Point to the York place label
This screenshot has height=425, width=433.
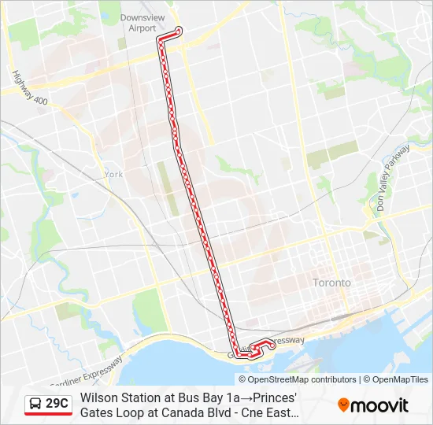pyautogui.click(x=113, y=174)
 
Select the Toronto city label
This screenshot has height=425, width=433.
pyautogui.click(x=331, y=282)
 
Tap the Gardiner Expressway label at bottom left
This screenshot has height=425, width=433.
pyautogui.click(x=87, y=373)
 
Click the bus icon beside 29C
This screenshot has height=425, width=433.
pyautogui.click(x=35, y=405)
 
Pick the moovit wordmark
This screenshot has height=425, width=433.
pyautogui.click(x=380, y=405)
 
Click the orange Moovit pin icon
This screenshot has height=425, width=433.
pyautogui.click(x=344, y=405)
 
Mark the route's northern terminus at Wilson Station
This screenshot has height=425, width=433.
pyautogui.click(x=179, y=31)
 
